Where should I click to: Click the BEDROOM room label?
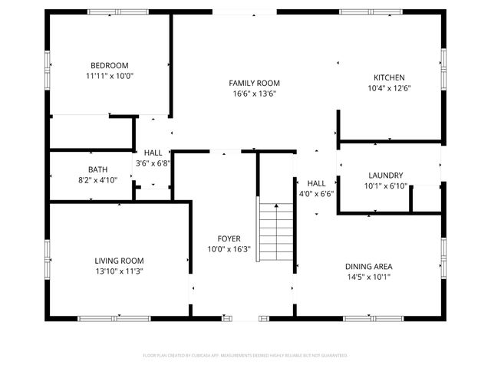point(109,66)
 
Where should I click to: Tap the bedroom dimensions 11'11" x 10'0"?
point(109,77)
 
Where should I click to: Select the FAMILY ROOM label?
point(254,83)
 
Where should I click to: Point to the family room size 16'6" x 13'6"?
point(254,94)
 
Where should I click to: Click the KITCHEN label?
point(389,77)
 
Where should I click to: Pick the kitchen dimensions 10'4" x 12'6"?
point(389,88)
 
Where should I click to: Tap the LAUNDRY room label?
point(385,176)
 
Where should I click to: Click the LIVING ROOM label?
point(119,261)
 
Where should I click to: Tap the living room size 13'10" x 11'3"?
point(119,271)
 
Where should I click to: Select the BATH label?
point(97,169)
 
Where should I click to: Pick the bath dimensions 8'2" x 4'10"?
point(97,180)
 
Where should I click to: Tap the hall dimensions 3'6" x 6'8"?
point(153,164)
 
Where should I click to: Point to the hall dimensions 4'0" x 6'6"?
point(316,195)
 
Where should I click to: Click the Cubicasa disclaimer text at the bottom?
point(245,356)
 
